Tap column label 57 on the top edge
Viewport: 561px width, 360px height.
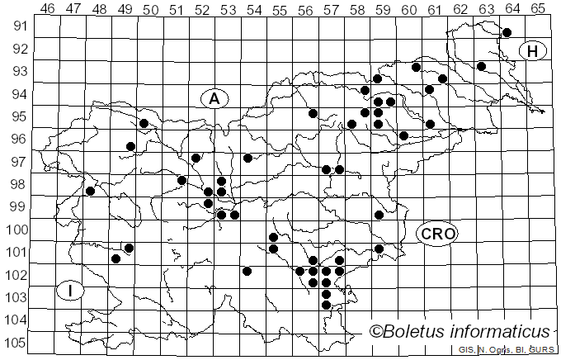tap(332, 8)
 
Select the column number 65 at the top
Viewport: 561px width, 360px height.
tap(538, 8)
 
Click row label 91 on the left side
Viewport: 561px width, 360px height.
tap(17, 26)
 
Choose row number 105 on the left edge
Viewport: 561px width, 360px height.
tap(17, 343)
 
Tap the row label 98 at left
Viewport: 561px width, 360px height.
tap(17, 185)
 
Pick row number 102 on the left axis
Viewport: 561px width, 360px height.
tap(17, 276)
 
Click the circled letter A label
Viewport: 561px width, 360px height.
tap(214, 99)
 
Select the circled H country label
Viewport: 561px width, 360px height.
tap(533, 52)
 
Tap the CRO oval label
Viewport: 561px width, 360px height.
tap(436, 234)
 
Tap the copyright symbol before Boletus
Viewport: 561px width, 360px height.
tap(376, 332)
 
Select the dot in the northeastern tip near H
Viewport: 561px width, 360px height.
tap(507, 33)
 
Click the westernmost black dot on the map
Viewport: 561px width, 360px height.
tap(90, 192)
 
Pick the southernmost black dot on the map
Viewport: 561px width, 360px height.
tap(326, 306)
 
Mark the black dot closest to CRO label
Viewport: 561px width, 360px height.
tap(379, 249)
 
